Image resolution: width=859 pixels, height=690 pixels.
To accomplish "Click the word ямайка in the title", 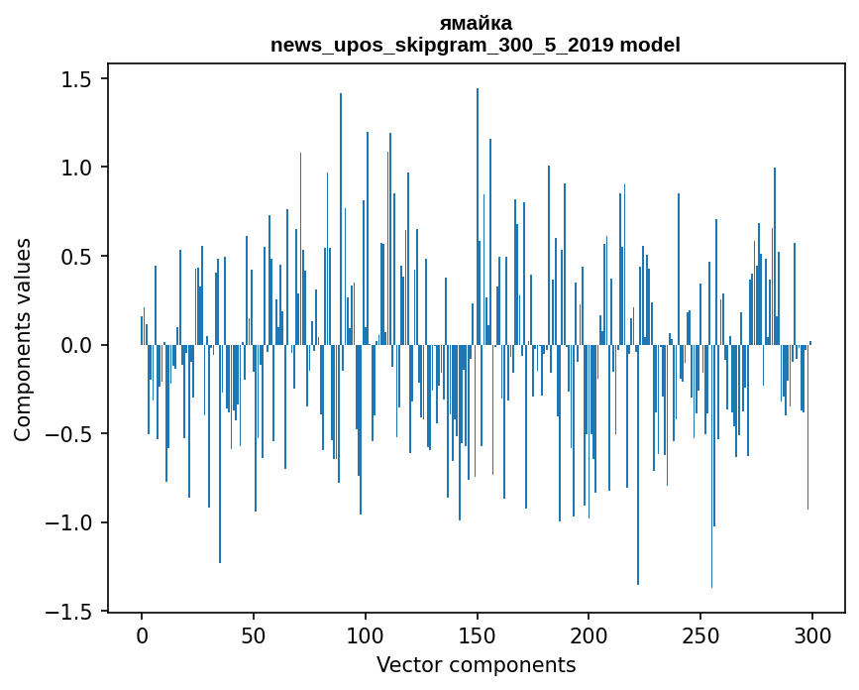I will click(x=476, y=23).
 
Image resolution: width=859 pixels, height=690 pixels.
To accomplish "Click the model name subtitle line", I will click(x=476, y=45).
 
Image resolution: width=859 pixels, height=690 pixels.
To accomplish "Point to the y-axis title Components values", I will click(x=23, y=339).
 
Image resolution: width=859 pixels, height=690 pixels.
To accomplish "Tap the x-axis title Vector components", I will click(x=476, y=664).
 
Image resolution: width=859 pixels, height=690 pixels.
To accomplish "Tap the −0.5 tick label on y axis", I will click(x=72, y=434).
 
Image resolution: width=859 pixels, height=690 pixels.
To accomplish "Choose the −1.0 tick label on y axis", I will click(x=72, y=522).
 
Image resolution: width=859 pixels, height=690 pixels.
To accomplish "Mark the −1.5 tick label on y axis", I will click(x=72, y=612).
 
